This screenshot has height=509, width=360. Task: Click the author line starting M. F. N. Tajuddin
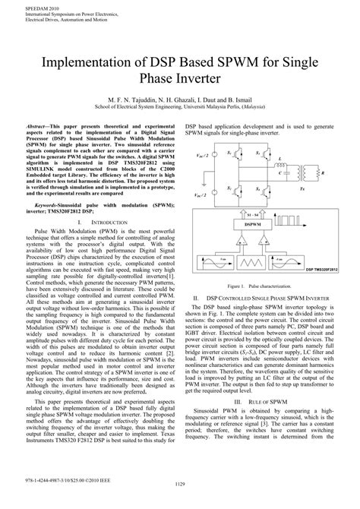pyautogui.click(x=179, y=100)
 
